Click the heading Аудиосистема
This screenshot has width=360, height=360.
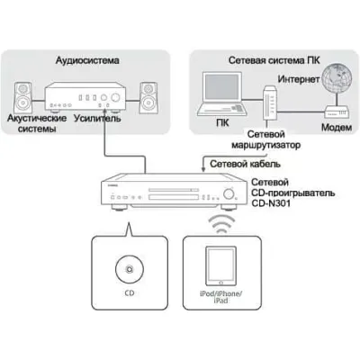(87, 60)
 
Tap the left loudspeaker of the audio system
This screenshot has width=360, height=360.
(22, 97)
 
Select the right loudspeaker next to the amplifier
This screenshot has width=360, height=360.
(148, 97)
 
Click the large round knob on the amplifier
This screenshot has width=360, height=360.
(115, 97)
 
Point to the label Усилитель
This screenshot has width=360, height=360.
(97, 118)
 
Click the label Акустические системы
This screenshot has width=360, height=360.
(37, 123)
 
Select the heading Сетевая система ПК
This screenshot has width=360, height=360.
(274, 60)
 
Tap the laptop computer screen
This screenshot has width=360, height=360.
(222, 87)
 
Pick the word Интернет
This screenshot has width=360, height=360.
(299, 79)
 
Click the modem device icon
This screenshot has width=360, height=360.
(337, 112)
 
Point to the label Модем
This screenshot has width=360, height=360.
(337, 128)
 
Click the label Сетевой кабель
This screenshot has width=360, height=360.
(245, 164)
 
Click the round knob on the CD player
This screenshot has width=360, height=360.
(229, 193)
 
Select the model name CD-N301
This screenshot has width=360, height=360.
(271, 203)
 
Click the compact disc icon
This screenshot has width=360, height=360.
(130, 269)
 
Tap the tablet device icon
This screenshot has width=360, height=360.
(220, 266)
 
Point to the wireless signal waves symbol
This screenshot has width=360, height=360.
(221, 223)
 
